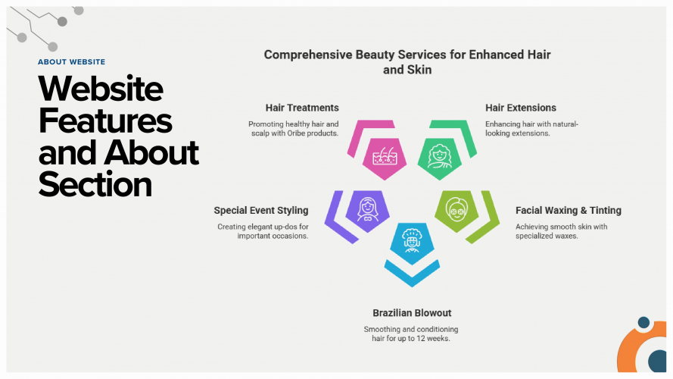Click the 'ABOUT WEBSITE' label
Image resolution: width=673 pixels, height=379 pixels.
(x=71, y=62)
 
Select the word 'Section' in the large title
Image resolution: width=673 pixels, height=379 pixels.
(x=95, y=184)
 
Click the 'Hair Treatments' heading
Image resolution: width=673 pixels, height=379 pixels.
(x=302, y=108)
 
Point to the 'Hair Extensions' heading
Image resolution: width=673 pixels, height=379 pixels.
(x=521, y=108)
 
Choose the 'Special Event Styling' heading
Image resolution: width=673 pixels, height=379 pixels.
(x=260, y=210)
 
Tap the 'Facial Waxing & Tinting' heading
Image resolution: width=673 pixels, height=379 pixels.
(x=568, y=210)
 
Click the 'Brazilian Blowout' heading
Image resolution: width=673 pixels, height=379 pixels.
(x=412, y=312)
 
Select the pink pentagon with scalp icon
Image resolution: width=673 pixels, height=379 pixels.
(x=384, y=157)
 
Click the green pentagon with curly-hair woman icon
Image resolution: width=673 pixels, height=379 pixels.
(x=440, y=157)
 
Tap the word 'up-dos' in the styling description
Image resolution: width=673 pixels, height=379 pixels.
(x=294, y=227)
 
